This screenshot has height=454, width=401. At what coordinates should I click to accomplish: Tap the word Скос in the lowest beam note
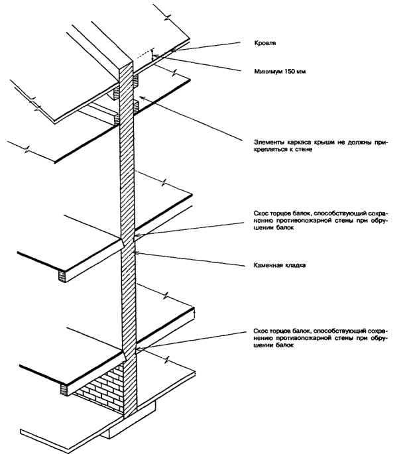point(260,329)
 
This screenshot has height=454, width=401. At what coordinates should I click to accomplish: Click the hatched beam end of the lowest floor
point(64,388)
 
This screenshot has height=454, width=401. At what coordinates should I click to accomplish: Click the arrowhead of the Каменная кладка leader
point(135,252)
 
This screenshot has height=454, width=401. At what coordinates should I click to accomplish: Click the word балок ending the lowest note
point(284,345)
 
